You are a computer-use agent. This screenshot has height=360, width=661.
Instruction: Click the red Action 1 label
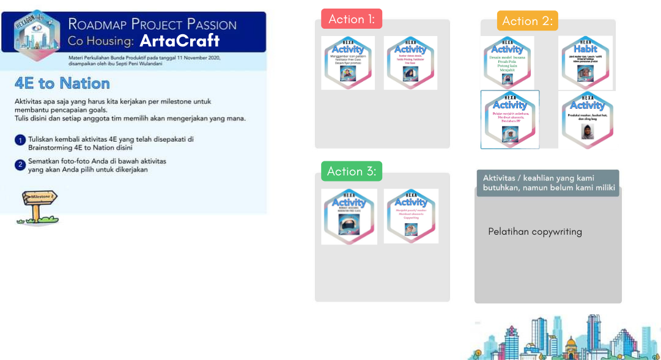point(352,19)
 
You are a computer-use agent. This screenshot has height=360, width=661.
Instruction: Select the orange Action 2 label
point(527,21)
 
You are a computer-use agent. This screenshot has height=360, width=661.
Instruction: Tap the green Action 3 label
point(351,171)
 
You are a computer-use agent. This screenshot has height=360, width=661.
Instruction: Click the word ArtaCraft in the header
point(179,41)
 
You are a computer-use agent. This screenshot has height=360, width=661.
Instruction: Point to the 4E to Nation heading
point(62,83)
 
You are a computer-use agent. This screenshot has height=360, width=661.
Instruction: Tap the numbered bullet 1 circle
point(20,140)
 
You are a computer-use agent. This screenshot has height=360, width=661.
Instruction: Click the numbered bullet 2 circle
point(20,164)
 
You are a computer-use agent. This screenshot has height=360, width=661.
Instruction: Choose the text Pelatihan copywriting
point(535,232)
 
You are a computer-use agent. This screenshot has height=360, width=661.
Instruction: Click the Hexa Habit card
point(585,62)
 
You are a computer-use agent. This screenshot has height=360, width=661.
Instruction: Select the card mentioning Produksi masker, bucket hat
point(587,119)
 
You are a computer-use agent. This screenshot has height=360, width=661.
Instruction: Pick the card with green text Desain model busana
point(508,62)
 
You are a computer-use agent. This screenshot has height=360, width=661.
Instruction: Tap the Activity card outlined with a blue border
point(510,119)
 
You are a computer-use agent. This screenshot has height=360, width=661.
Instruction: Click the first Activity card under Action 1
point(348,63)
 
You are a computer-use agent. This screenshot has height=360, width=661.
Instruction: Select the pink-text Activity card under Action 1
point(410,63)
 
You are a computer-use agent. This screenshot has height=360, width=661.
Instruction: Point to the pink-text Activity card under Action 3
point(411,216)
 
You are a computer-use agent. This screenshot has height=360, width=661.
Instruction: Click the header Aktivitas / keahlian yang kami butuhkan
point(548,182)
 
